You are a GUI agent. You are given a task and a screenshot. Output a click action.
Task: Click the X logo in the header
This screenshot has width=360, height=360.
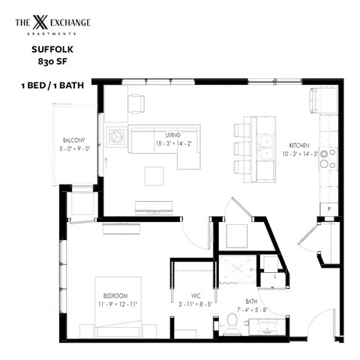(40, 24)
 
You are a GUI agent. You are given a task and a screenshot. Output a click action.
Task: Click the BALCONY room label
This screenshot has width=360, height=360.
(74, 140)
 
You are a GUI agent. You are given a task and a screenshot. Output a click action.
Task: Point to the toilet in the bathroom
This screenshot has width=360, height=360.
(232, 323)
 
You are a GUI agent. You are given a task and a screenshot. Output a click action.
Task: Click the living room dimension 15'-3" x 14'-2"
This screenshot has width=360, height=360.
(174, 143)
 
